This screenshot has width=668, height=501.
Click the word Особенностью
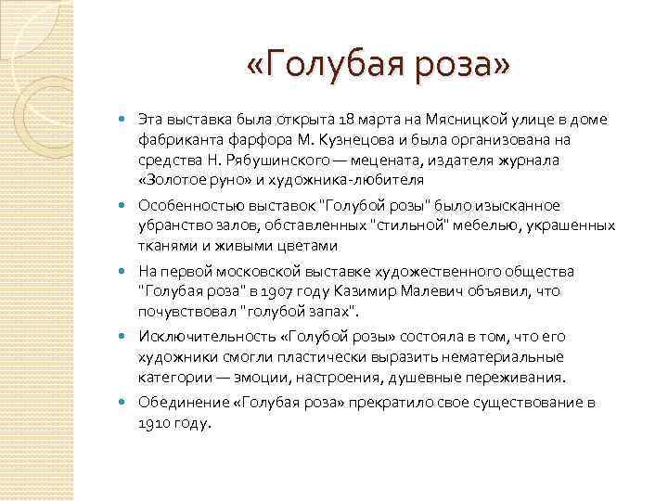tap(185, 205)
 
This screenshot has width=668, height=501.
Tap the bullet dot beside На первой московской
tap(124, 270)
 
